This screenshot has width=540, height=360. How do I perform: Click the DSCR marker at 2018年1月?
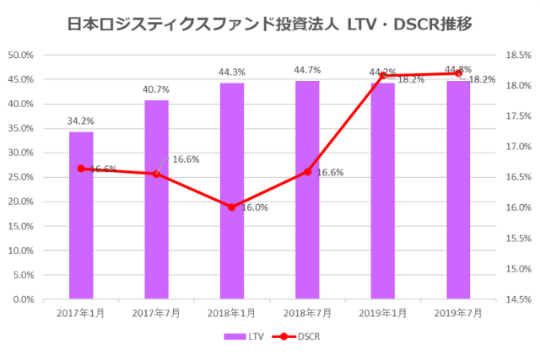232,207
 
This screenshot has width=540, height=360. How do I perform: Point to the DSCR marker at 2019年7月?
458,73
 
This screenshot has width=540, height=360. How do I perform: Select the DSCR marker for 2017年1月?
81,169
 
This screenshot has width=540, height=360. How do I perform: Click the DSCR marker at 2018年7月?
307,171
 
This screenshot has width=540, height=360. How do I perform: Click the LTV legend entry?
244,336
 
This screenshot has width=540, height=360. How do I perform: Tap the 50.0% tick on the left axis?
20,55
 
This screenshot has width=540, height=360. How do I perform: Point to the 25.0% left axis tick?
20,177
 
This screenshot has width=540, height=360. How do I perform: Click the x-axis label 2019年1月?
383,313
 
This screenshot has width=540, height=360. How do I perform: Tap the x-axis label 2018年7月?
307,313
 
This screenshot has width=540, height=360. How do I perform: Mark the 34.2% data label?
81,121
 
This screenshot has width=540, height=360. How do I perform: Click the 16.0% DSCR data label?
255,207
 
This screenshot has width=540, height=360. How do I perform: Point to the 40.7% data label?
156,89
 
